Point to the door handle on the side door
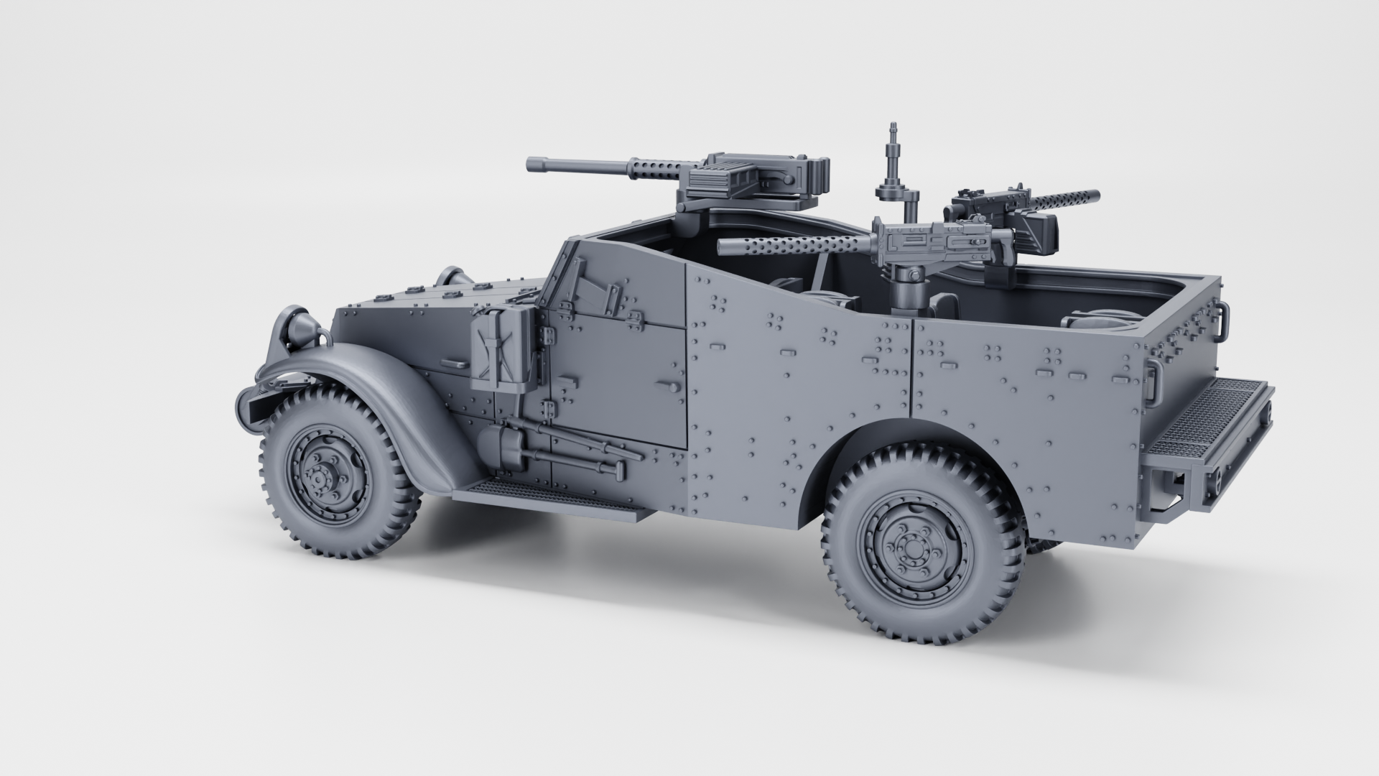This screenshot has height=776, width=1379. coord(672,387)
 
